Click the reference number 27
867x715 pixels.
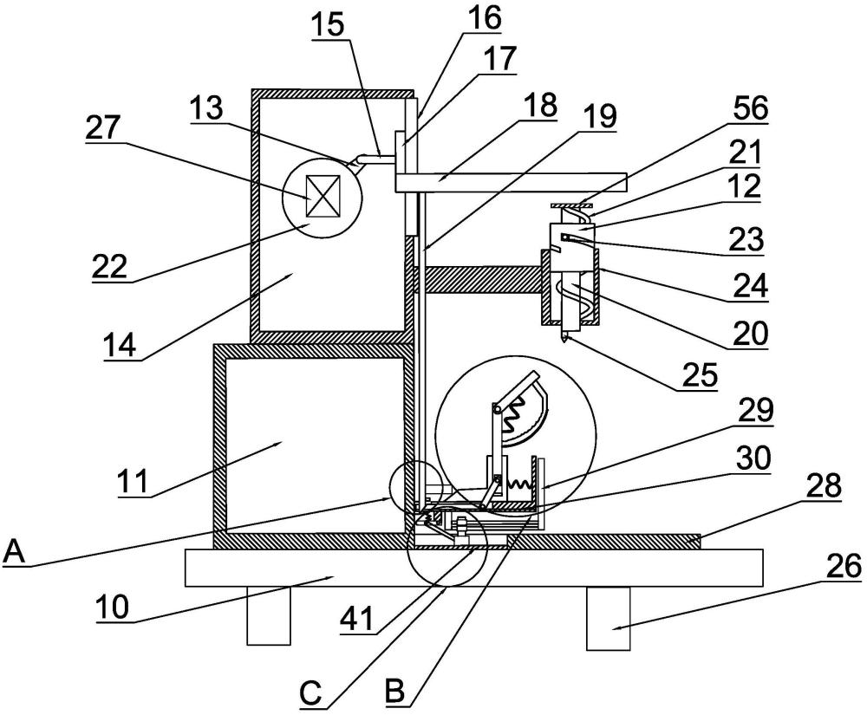pos(103,129)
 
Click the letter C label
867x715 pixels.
pos(311,692)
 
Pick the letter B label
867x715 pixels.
pos(394,692)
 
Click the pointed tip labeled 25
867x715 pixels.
pos(564,338)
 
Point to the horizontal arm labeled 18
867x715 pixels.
pos(512,183)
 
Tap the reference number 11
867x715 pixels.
pos(134,481)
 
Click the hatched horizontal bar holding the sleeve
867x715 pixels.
pos(478,280)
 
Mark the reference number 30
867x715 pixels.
pos(753,458)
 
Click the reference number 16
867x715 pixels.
pos(485,17)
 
